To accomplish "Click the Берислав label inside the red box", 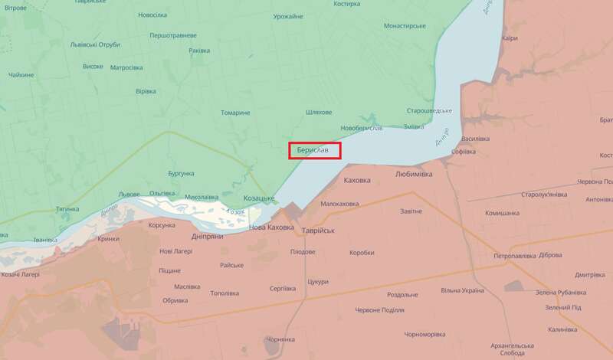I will click(x=313, y=151).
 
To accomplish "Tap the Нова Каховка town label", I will click(x=271, y=227).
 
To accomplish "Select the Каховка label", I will click(x=358, y=180).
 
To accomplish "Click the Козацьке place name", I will click(x=259, y=198).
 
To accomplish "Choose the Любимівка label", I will click(x=414, y=174).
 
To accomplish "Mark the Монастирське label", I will click(x=404, y=25).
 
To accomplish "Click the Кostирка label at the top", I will click(x=347, y=4).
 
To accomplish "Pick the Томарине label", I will click(x=236, y=113).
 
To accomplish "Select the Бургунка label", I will click(x=182, y=174).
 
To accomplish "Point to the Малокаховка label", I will click(x=339, y=204).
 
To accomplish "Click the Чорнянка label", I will click(x=280, y=339).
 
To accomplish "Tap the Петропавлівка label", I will click(x=515, y=254).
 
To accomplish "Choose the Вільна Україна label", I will click(x=462, y=290).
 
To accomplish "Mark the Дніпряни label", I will click(x=207, y=237).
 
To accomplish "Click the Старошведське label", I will click(x=428, y=110).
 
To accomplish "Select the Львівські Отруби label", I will click(x=95, y=44).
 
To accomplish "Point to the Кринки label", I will click(x=108, y=239).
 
